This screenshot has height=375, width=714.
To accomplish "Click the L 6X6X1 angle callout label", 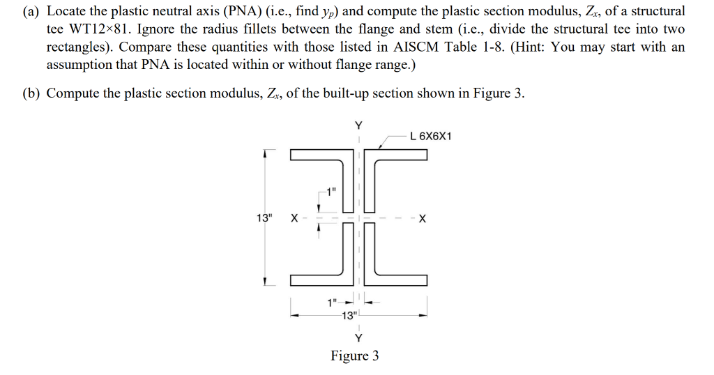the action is point(431,136).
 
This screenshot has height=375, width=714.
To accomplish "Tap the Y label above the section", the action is point(358,126).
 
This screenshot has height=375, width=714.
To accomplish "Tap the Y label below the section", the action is point(358,338).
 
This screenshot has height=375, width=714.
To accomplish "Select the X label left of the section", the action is point(294,218).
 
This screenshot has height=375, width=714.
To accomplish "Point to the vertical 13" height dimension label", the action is point(264,218).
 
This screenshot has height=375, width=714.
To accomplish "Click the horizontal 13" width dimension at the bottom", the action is point(350,315).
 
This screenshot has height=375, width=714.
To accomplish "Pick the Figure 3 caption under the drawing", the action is point(355,356).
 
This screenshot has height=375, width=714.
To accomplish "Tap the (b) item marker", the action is point(31,93).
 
